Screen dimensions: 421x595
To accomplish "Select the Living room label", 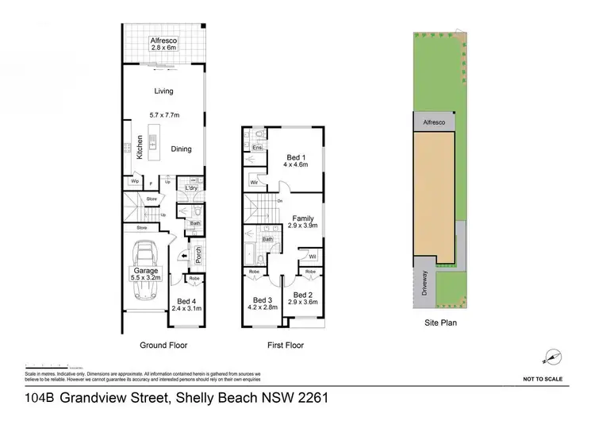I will click(163, 91).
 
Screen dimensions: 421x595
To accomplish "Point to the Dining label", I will click(181, 149).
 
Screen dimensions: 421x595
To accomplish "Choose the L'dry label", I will click(190, 187).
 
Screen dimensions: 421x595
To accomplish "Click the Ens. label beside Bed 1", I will click(257, 148).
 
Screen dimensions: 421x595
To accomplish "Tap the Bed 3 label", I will click(262, 303).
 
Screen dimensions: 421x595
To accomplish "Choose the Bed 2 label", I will click(302, 298).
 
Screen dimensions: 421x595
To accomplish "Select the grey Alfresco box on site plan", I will click(433, 124).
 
